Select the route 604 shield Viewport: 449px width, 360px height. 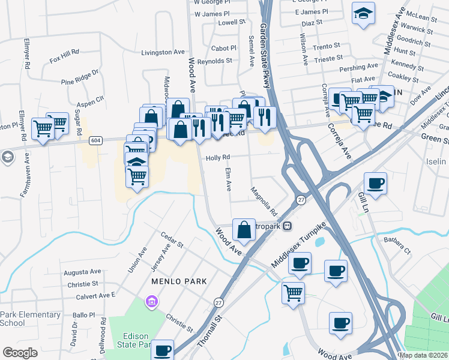(x=96, y=140)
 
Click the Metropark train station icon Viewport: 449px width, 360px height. (x=288, y=226)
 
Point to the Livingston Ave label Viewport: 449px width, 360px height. (x=163, y=52)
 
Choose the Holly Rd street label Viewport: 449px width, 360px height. (x=218, y=157)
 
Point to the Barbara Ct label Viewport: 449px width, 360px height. (x=397, y=247)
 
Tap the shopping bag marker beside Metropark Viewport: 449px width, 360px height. (x=244, y=229)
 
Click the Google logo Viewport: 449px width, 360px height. (x=20, y=352)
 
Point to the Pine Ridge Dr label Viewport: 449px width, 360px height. (x=79, y=76)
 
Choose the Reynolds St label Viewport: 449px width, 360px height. (x=214, y=61)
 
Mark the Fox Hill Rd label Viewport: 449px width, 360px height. (x=64, y=56)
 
